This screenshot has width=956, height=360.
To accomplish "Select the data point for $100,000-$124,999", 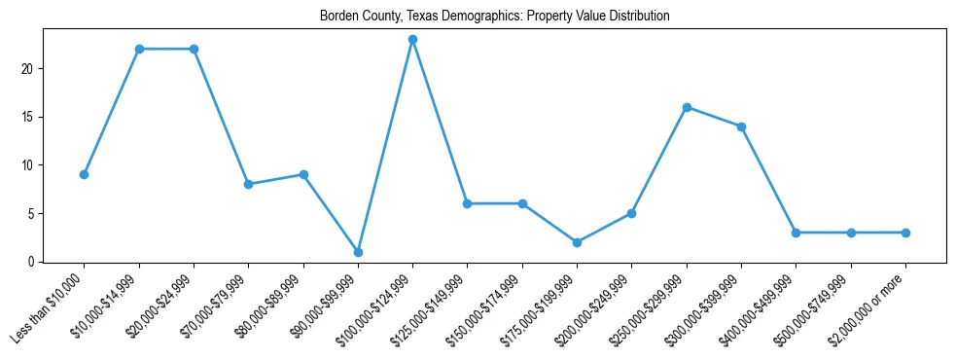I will point(413,39).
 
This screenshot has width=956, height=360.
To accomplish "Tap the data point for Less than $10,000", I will point(85,174).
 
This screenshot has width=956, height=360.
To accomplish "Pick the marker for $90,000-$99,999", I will point(359,252).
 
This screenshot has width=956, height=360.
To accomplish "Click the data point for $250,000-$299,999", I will point(688,107).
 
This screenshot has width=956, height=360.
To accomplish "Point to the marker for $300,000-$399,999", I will point(742,126).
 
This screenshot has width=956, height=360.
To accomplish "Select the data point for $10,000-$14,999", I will point(139,49).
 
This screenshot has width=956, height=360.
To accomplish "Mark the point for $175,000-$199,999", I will point(578,242).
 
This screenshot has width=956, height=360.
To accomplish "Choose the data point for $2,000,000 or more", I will point(906,233).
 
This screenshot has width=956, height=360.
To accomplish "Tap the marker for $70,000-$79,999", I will point(249,184).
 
